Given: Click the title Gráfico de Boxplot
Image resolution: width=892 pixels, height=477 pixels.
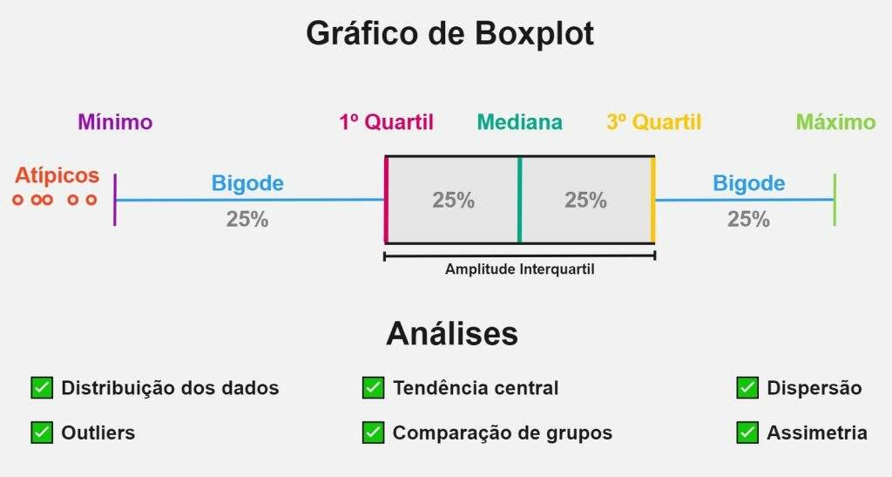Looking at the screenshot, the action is coord(450,34).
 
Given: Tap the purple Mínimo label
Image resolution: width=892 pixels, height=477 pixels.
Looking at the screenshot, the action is coord(115,122).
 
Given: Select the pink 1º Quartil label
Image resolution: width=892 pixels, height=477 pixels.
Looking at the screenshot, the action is coord(386,122).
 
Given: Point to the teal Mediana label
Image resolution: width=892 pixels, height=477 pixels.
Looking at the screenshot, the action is coord(519,122).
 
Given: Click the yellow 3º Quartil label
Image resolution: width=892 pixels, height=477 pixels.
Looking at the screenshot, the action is coord(653,122).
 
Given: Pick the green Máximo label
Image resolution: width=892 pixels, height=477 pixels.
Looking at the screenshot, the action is coord(835,122).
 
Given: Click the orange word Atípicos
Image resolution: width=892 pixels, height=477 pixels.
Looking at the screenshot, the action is coord(57,175).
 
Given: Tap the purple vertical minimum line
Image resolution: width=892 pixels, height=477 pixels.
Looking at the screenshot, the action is coord(115,200).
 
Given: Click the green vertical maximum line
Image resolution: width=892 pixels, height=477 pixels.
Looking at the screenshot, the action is coord(835,200).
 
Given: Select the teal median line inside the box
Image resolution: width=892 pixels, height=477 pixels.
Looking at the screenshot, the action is coord(519,200).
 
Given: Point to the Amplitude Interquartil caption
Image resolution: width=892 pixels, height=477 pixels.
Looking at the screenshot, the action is coord(519,269).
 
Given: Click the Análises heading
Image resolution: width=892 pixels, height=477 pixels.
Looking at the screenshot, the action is coord(452,334).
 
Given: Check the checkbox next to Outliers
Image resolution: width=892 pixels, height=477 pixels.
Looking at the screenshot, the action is coord(42,433).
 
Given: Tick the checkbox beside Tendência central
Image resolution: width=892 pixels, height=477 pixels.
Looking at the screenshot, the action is coord(373,388).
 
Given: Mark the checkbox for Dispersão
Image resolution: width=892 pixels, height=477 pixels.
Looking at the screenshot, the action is coord(747,388).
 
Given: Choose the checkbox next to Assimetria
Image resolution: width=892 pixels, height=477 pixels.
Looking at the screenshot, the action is coord(747,433).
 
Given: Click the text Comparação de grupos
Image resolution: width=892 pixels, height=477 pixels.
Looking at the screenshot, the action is coord(503,433).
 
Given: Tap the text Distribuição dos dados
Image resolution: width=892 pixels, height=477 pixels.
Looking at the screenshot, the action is coord(170,388).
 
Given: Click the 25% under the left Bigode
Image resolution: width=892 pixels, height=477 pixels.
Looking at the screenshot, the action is coord(247,219).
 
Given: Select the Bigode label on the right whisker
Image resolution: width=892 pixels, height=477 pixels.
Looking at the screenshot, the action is coord(748,183).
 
